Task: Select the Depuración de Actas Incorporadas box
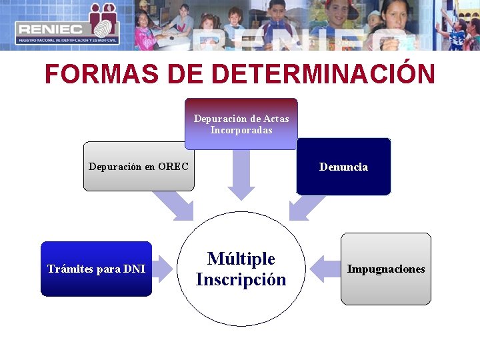click(241, 124)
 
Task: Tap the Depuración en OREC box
click(139, 167)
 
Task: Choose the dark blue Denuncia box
click(343, 167)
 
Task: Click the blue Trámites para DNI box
click(96, 269)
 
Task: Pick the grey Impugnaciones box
click(386, 269)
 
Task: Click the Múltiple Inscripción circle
click(241, 269)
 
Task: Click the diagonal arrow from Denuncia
click(309, 206)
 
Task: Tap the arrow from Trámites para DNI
click(164, 269)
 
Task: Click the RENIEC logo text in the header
click(50, 29)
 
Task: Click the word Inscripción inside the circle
click(241, 280)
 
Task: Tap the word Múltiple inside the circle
click(241, 259)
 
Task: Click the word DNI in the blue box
click(133, 269)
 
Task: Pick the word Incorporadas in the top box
click(241, 130)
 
